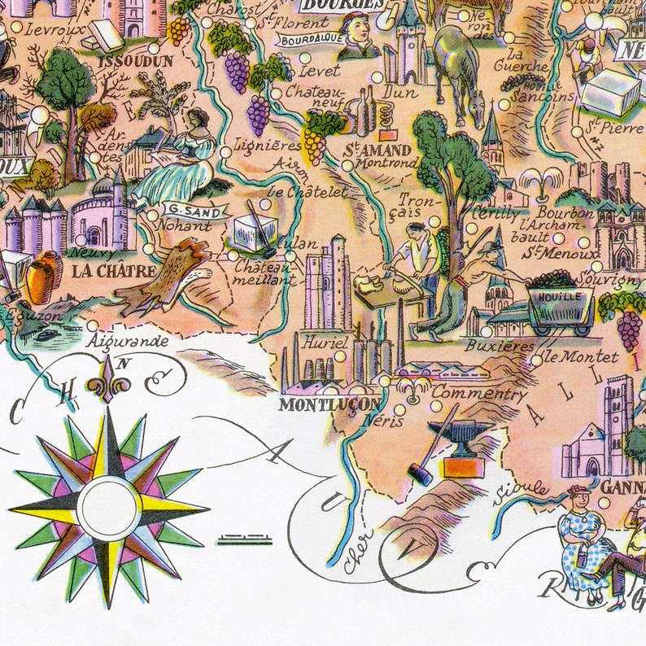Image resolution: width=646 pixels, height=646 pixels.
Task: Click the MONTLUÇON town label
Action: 328,404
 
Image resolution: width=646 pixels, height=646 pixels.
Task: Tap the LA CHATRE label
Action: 103,272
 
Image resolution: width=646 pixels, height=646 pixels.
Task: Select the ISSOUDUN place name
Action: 135,60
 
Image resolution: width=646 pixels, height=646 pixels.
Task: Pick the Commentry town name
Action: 479,394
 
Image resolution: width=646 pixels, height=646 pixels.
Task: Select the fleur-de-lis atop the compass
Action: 109,379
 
